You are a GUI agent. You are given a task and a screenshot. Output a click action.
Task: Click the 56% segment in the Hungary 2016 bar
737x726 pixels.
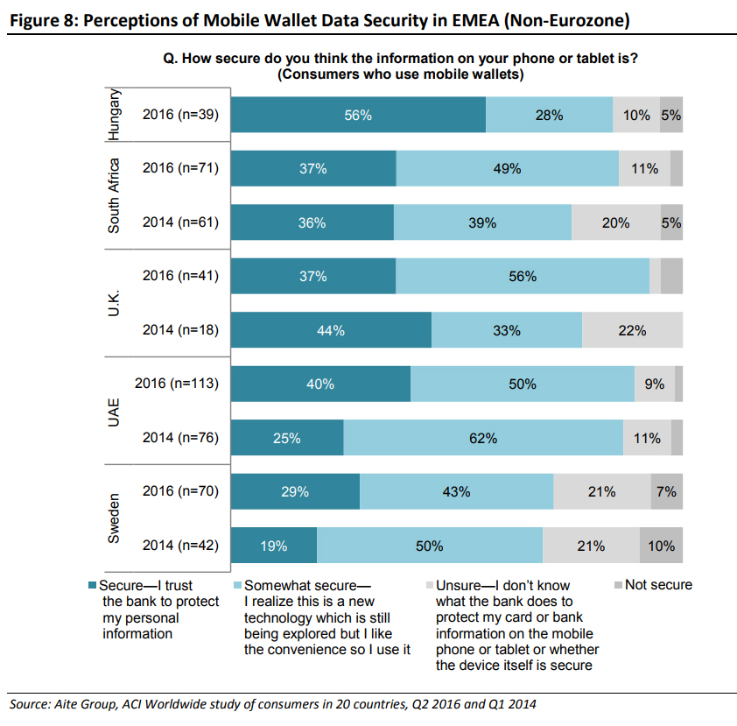pos(358,115)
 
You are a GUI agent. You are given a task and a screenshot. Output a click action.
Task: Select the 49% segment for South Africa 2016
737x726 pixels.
pos(507,169)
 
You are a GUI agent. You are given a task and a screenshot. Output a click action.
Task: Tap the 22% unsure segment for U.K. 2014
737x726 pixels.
pos(632,330)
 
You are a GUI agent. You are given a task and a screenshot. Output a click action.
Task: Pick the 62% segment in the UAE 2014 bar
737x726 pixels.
pos(483,438)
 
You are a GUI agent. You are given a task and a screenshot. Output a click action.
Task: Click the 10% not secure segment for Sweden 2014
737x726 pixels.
pos(661,546)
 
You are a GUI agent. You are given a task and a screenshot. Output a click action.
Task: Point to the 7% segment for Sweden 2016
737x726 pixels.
pos(666,492)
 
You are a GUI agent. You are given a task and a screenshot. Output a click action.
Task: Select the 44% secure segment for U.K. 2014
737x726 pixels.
pos(332,330)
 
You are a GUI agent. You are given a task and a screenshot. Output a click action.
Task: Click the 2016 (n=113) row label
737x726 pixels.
pos(176,384)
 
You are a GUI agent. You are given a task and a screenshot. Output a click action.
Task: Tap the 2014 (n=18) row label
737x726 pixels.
pos(179,330)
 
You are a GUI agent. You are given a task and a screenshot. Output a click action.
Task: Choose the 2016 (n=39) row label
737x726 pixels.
pos(179,115)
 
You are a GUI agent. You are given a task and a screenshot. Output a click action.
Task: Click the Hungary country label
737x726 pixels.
pos(114,115)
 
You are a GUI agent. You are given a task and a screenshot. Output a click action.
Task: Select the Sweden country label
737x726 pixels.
pos(114,518)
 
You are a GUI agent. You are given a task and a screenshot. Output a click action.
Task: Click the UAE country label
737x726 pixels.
pos(114,411)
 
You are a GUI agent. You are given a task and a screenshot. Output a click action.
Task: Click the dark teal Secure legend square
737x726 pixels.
pos(94,585)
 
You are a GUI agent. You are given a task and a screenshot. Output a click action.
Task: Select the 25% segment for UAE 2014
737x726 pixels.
pos(287,438)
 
